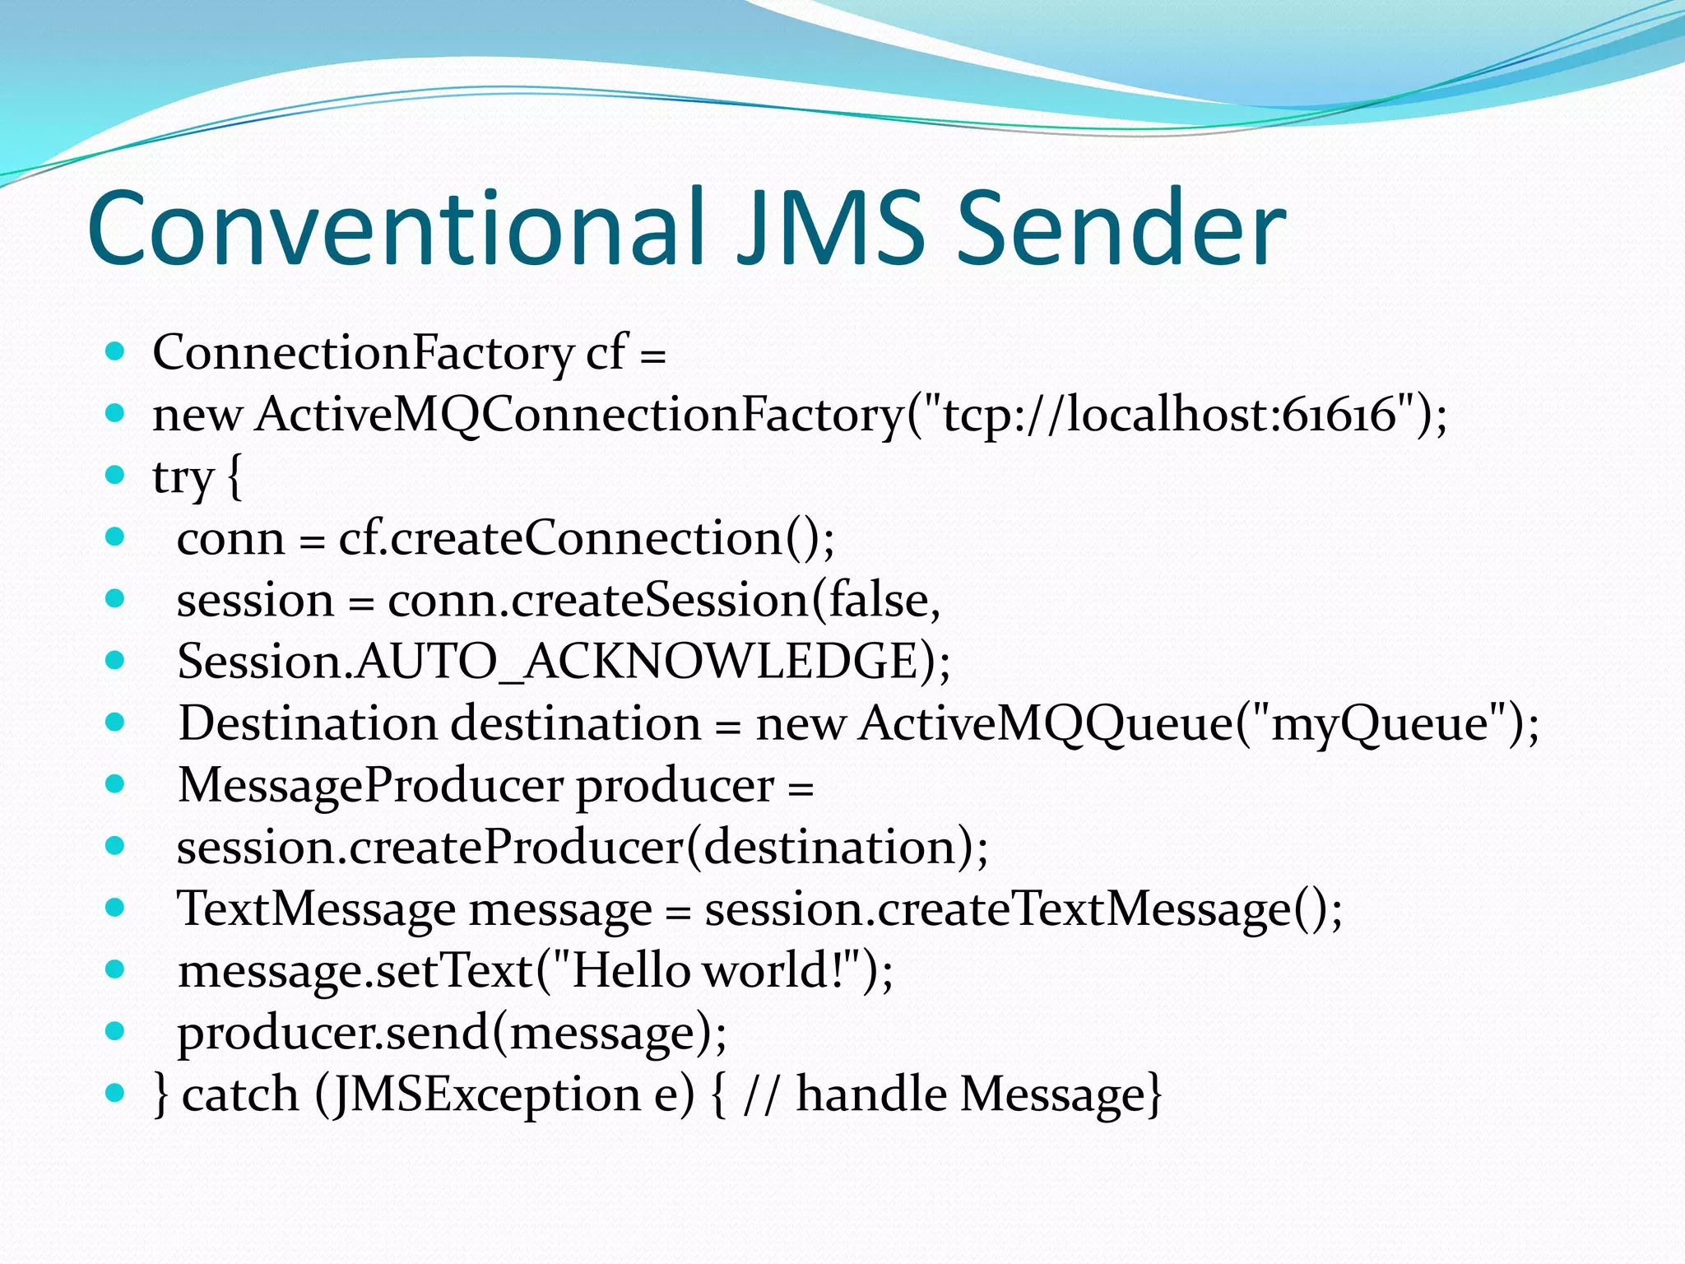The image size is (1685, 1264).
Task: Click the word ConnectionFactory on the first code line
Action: click(x=363, y=353)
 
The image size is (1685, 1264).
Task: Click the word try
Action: click(x=183, y=477)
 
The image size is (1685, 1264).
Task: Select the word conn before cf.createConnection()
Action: click(x=230, y=540)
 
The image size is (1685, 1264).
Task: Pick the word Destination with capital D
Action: click(x=308, y=724)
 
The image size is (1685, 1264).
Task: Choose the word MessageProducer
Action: click(x=370, y=786)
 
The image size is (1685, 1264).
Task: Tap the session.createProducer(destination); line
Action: click(x=583, y=848)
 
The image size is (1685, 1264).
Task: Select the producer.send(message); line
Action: click(x=453, y=1033)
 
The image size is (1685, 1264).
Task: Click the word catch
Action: click(x=239, y=1095)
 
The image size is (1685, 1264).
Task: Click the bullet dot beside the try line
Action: click(x=115, y=475)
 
